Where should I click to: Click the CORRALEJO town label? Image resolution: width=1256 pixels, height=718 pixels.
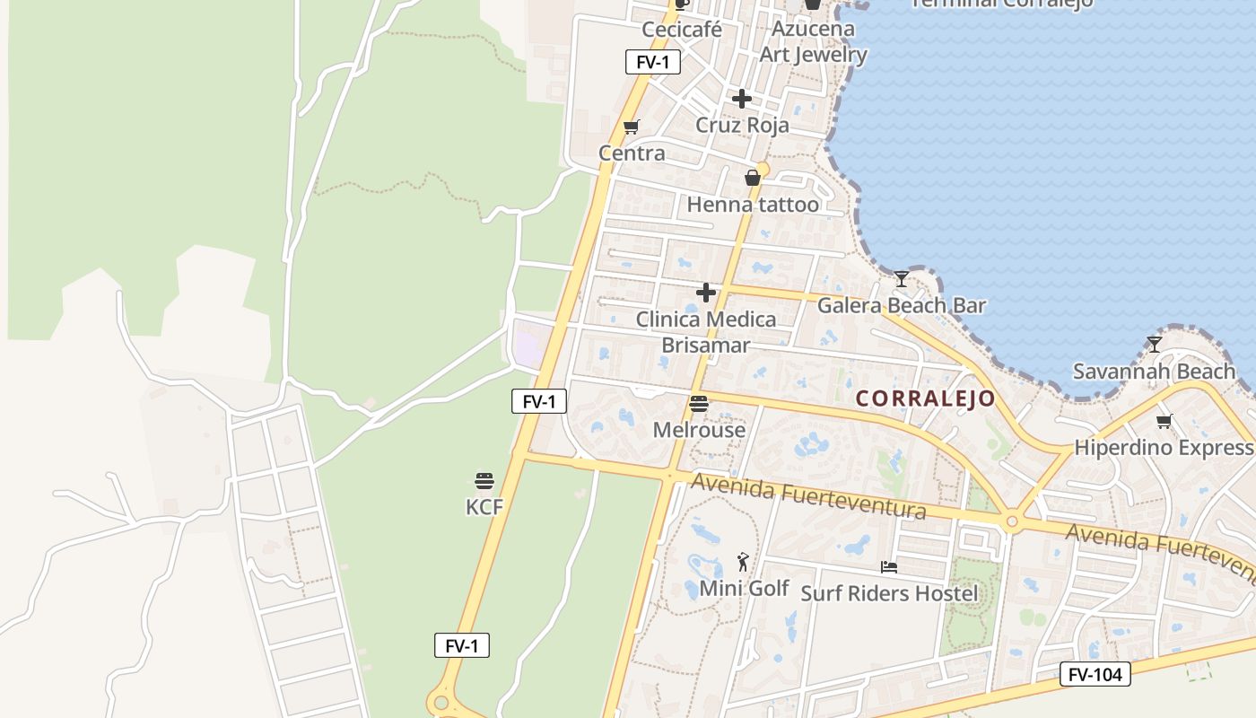click(x=925, y=398)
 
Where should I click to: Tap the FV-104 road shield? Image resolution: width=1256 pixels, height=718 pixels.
click(x=1095, y=674)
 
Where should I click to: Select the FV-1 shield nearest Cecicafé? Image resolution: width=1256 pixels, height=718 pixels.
click(x=652, y=62)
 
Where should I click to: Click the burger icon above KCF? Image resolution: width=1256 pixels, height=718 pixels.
click(x=484, y=481)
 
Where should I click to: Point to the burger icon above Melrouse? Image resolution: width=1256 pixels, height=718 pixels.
click(x=699, y=405)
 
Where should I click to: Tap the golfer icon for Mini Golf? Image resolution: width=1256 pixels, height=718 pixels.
click(x=743, y=563)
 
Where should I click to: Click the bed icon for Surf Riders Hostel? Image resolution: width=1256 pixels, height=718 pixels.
click(x=888, y=567)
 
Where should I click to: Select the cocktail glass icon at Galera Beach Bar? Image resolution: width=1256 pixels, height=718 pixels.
click(x=901, y=279)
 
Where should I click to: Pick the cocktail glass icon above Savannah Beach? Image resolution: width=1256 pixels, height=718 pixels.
click(x=1155, y=345)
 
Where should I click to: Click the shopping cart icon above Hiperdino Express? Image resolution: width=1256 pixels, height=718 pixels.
click(x=1164, y=421)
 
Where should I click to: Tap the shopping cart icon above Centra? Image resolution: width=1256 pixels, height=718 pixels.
click(x=632, y=127)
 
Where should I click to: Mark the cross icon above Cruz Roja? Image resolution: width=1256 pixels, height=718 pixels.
click(x=741, y=99)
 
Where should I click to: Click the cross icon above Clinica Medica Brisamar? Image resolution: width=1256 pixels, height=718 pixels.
click(x=706, y=293)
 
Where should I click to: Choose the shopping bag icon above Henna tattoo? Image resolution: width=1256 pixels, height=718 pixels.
click(x=753, y=178)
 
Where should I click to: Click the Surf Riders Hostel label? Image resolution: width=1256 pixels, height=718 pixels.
click(x=889, y=593)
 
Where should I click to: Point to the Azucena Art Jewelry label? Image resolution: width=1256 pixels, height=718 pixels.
click(x=813, y=41)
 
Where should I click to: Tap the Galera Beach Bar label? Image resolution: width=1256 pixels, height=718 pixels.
click(x=901, y=305)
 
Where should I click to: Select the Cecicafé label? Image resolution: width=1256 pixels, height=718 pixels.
click(x=682, y=30)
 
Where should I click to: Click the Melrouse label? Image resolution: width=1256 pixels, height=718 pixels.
click(x=699, y=430)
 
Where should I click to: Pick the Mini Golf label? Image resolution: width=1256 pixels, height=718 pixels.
click(x=744, y=589)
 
